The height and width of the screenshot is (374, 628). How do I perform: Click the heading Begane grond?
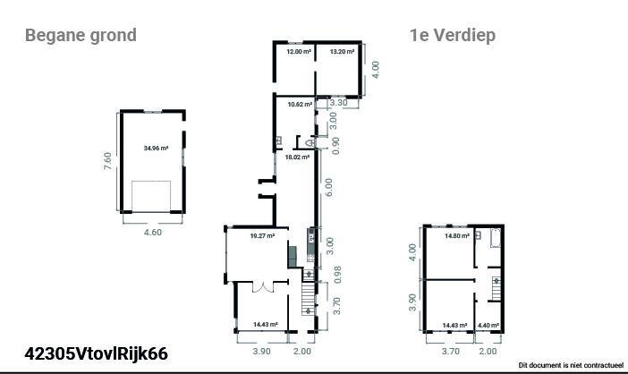[81, 35]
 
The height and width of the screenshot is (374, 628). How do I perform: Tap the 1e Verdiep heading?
[452, 35]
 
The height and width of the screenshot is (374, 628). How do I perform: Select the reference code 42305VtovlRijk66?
[96, 353]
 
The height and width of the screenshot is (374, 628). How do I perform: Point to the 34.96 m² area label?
[156, 149]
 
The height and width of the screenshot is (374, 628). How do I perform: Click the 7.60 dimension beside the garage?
[107, 161]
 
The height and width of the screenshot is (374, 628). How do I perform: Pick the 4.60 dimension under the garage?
[153, 233]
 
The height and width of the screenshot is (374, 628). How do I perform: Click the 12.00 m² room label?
[299, 52]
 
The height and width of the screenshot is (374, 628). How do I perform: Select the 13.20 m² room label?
[342, 52]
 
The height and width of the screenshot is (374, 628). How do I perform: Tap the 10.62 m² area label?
[300, 105]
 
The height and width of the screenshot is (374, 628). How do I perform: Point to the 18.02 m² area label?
[297, 157]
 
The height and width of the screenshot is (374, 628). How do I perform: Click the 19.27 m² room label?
[262, 236]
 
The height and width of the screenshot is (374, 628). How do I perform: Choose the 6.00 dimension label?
[328, 187]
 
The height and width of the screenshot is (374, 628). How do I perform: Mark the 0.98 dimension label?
[337, 275]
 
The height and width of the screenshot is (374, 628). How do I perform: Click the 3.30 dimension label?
[338, 103]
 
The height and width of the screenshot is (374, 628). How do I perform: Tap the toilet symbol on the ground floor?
[310, 142]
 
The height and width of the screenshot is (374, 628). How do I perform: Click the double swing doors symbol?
[263, 287]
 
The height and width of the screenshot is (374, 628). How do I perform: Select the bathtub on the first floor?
[496, 238]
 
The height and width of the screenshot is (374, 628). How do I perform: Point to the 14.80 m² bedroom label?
[457, 236]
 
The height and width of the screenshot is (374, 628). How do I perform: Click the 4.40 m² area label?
[488, 326]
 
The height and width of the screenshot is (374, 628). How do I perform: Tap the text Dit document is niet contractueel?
[571, 365]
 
